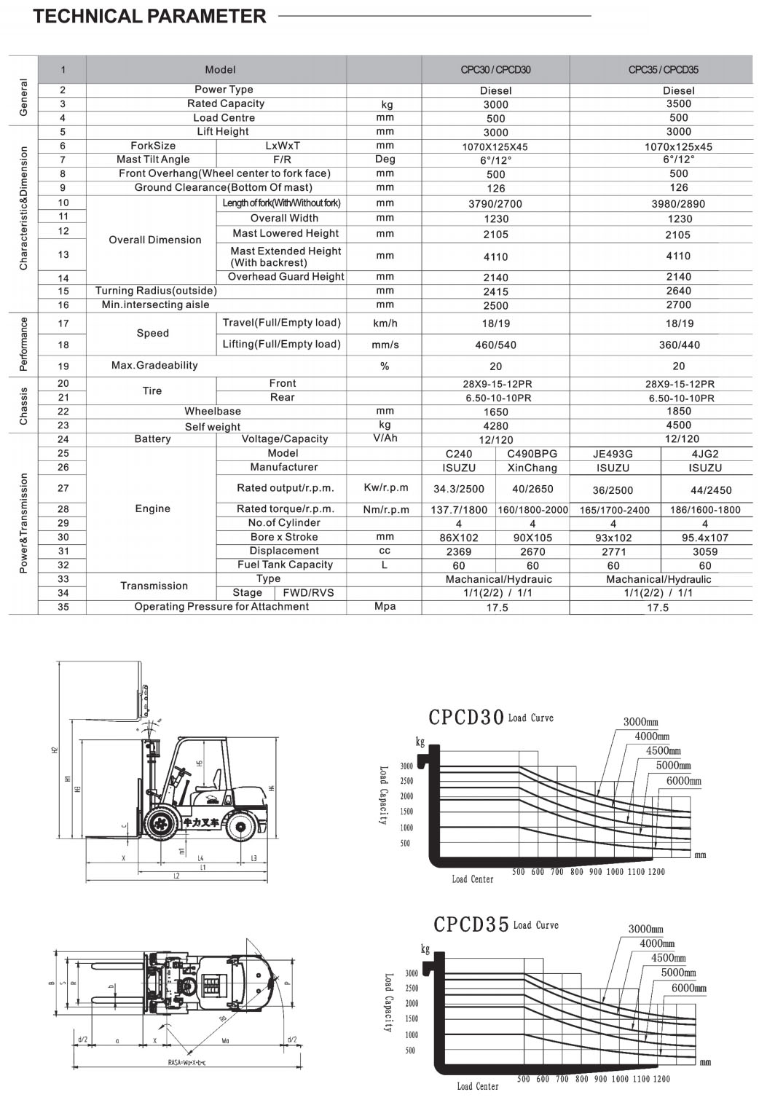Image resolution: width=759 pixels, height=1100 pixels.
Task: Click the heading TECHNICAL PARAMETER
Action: coord(149,16)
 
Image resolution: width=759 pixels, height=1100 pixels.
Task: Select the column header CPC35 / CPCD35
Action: coord(663,70)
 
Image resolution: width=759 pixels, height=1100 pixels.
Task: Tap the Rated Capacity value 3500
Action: coord(678,103)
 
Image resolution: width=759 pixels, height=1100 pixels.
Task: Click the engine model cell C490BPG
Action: coord(532,453)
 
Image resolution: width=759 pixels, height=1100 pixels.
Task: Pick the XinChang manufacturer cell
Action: coord(532,468)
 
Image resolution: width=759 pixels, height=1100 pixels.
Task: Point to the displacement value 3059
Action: coord(704,551)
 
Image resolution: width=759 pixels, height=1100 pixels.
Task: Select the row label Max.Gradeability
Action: coord(154,365)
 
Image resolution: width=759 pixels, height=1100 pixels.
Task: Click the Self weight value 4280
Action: coord(495,426)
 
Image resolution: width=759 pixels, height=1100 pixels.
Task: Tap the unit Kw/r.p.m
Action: coord(385,487)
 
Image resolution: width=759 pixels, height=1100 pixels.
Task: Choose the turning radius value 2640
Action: coord(678,291)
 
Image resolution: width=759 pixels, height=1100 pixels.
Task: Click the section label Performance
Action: coord(23,344)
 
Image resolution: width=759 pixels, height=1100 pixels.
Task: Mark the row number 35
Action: coord(63,606)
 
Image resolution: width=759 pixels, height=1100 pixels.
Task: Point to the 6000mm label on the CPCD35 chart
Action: coord(688,989)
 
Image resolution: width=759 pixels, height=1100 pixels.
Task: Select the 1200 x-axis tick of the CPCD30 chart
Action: coord(656,871)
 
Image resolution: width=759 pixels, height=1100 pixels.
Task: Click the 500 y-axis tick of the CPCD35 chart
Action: coord(410,1050)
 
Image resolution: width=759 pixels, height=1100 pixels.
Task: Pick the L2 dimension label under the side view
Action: coord(176,876)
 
